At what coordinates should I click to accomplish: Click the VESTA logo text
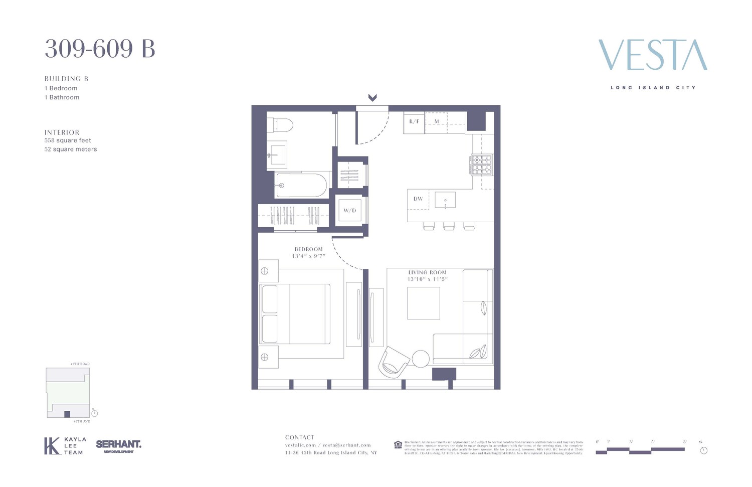tap(653, 55)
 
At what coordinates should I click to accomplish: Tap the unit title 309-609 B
tap(100, 49)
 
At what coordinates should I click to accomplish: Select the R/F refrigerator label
tap(414, 122)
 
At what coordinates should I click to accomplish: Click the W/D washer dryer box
tap(349, 210)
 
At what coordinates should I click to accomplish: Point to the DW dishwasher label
tap(418, 199)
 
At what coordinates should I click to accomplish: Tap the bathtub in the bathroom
tap(301, 185)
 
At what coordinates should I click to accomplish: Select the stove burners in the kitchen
tap(481, 165)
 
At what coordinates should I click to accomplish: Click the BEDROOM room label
tap(308, 249)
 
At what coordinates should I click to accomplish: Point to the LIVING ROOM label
tap(427, 272)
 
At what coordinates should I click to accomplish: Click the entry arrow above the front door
tap(372, 98)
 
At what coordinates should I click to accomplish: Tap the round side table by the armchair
tap(421, 359)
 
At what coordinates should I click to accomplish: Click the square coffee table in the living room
tap(423, 303)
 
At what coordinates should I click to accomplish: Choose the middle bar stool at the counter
tap(449, 227)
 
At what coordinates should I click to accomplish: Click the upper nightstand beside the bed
tap(268, 271)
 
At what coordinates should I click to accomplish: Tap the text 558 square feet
tap(68, 140)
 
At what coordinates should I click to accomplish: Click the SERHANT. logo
tap(118, 445)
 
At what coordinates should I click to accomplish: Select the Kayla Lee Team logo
tap(65, 445)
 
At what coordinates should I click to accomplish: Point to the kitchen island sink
tap(445, 200)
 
